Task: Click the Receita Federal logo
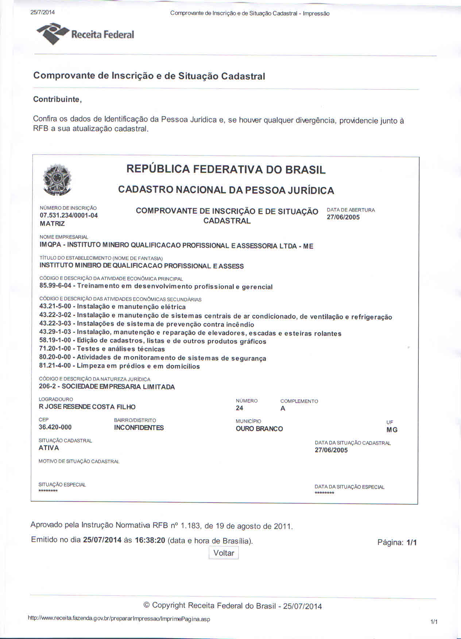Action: (x=85, y=34)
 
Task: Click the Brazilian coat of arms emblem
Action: (x=57, y=179)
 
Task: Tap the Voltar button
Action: (x=224, y=553)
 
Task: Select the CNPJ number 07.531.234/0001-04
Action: (x=69, y=216)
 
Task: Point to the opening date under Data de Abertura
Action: (x=343, y=217)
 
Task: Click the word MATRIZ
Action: (x=52, y=224)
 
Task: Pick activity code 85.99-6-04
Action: (x=55, y=286)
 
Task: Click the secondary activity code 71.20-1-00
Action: (x=55, y=349)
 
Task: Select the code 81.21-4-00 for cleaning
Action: (x=55, y=365)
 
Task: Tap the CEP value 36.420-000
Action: (x=55, y=427)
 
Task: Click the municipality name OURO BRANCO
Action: (x=259, y=429)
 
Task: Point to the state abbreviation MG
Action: (x=392, y=430)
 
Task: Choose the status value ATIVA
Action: (x=49, y=448)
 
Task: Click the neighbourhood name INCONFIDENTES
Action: (x=139, y=428)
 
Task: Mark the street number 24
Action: (x=239, y=408)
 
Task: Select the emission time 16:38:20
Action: (x=150, y=540)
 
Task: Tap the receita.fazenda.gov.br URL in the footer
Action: (x=119, y=619)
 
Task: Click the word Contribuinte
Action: (x=57, y=99)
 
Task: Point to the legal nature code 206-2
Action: (x=47, y=387)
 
